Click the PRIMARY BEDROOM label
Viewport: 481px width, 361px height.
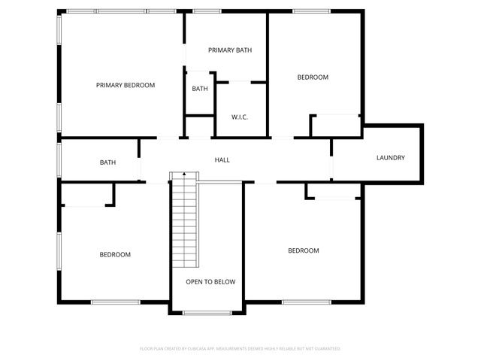click(x=126, y=85)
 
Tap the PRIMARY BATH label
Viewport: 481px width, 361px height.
click(x=230, y=50)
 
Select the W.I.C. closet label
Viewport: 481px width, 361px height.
click(x=240, y=117)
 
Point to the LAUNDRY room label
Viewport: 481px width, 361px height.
click(x=391, y=158)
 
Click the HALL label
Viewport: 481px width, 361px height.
click(x=222, y=159)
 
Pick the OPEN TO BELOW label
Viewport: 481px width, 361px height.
click(x=210, y=282)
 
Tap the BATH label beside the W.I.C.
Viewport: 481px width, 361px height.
click(x=200, y=89)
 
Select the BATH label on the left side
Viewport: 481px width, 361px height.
click(x=107, y=162)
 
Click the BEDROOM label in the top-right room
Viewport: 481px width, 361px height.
click(x=313, y=77)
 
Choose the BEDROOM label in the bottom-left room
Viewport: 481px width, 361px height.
click(x=115, y=254)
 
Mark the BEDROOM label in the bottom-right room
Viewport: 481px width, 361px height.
click(x=304, y=250)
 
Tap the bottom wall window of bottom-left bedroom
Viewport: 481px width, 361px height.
click(x=115, y=302)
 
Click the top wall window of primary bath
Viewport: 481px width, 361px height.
click(x=206, y=11)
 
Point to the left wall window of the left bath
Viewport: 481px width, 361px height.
click(x=59, y=159)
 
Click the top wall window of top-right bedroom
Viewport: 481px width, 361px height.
click(x=306, y=11)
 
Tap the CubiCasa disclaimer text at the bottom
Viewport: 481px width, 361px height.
click(x=240, y=349)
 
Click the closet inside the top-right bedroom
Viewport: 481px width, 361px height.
click(x=335, y=126)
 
